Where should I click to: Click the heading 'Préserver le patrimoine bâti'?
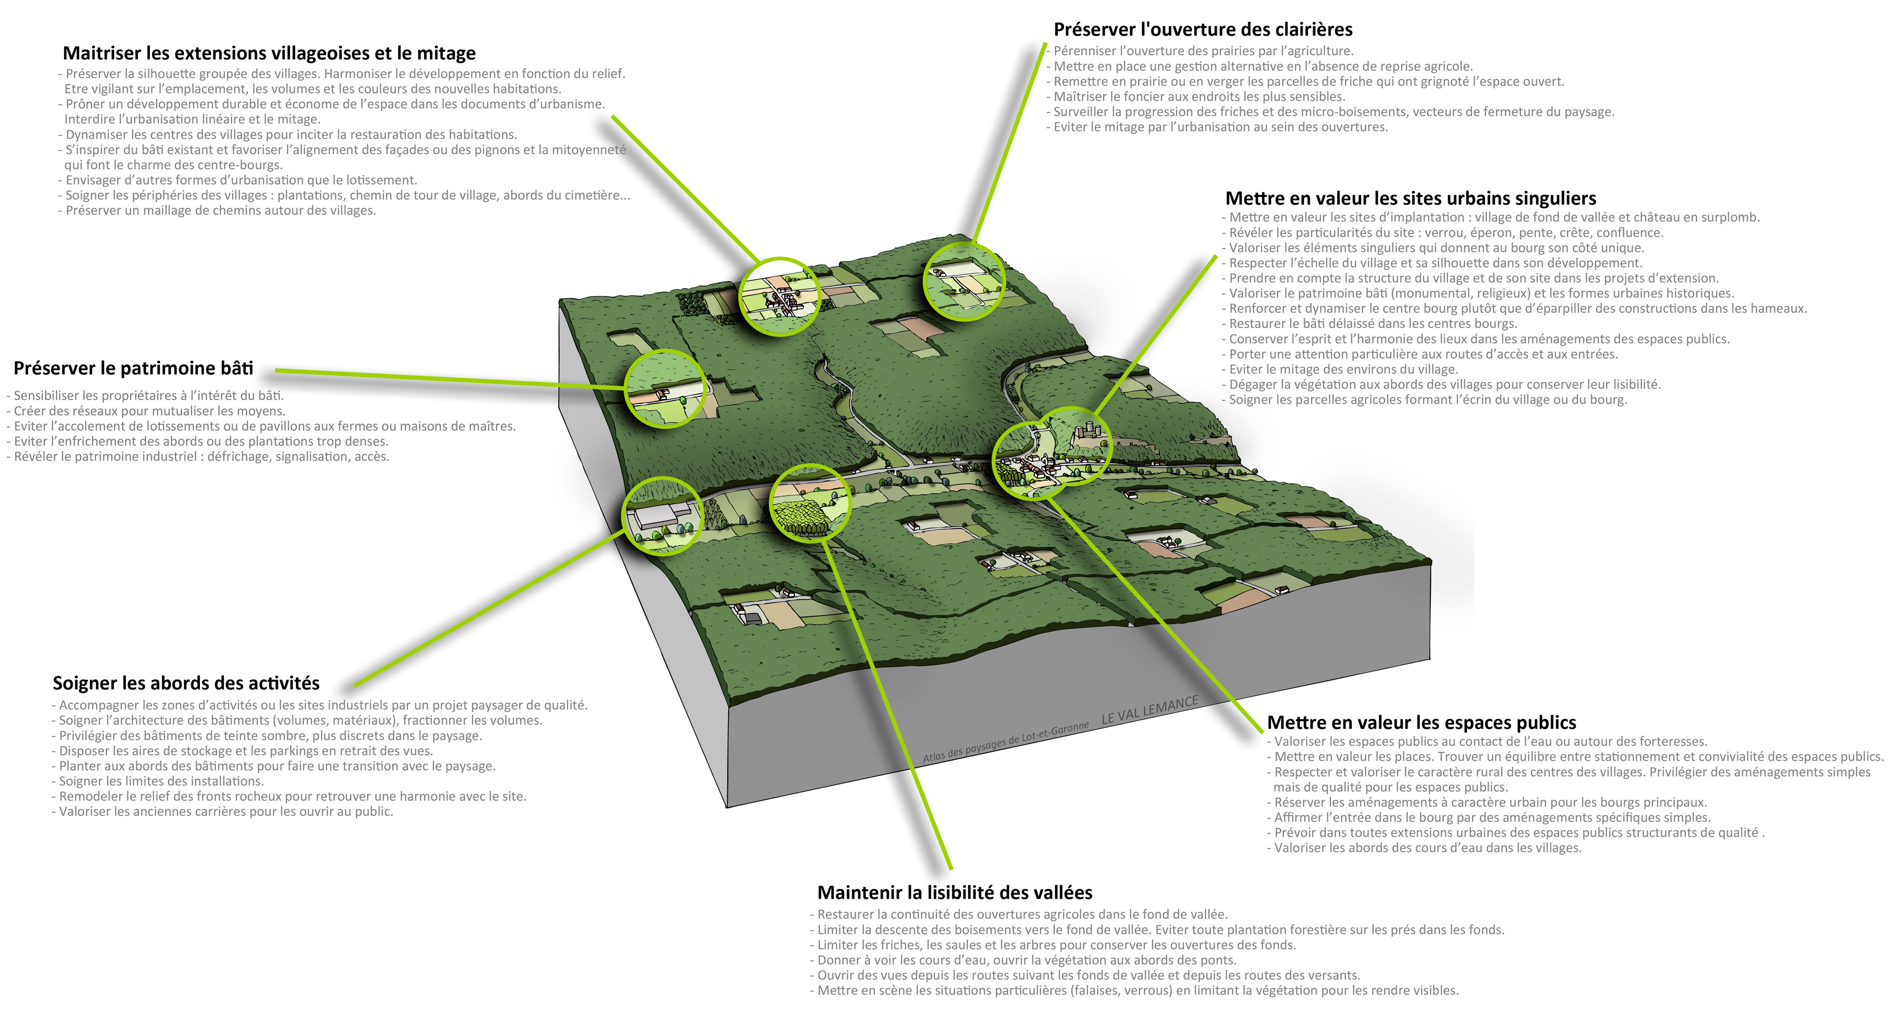click(133, 368)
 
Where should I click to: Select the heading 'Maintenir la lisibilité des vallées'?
click(955, 893)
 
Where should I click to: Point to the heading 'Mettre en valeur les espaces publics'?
click(1421, 722)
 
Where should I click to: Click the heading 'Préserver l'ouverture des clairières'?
click(1203, 29)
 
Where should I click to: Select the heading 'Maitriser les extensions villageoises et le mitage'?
click(269, 53)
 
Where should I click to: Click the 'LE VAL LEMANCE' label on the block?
click(1149, 709)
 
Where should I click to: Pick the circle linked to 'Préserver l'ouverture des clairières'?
click(964, 282)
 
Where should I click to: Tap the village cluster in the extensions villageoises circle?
click(781, 299)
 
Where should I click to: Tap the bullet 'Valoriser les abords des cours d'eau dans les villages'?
click(1427, 848)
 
